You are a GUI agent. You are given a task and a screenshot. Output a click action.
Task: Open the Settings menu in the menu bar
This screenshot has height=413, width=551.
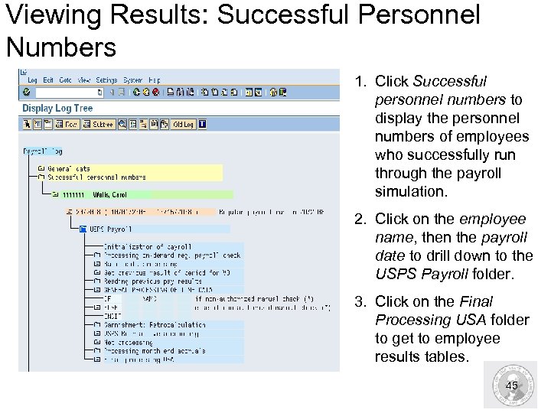(x=107, y=80)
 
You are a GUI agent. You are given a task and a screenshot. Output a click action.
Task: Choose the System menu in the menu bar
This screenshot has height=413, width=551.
(x=132, y=80)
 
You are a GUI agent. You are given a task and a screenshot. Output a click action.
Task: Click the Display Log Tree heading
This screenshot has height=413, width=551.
(x=57, y=108)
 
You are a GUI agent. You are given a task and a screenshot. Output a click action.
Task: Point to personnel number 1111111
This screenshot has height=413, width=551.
(x=77, y=194)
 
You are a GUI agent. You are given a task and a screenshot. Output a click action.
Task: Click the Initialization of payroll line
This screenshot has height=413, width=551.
(x=148, y=247)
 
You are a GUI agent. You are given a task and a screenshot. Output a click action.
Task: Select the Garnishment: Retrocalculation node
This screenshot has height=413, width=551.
(x=155, y=324)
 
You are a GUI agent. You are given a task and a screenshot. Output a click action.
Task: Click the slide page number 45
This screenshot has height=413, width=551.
(x=512, y=385)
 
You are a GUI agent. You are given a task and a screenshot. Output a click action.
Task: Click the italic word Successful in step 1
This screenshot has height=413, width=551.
(x=449, y=81)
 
